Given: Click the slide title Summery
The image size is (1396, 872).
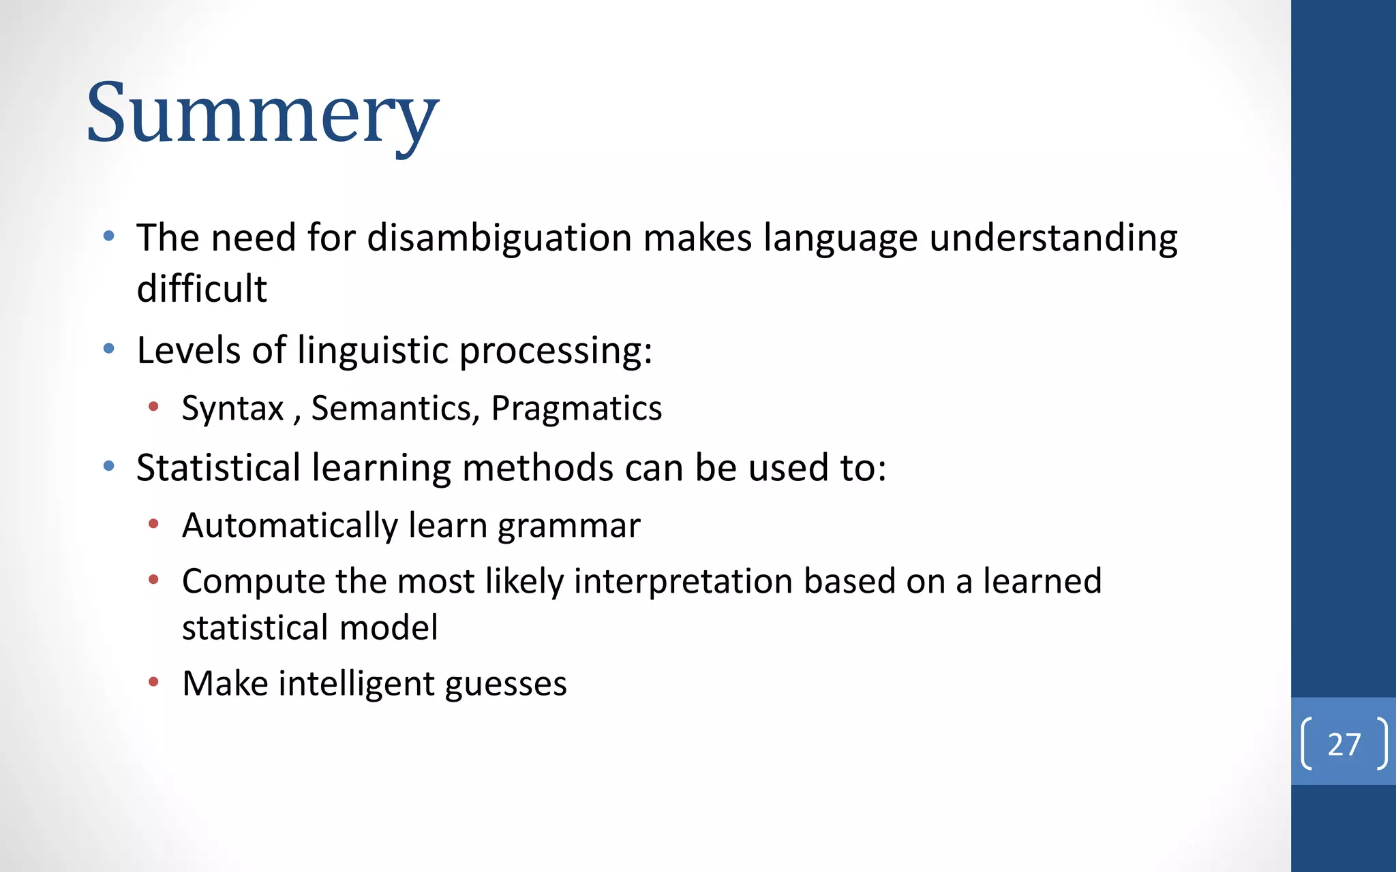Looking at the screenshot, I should tap(262, 113).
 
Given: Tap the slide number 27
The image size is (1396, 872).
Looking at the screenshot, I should tap(1344, 744).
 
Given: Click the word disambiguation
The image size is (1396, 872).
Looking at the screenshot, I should tap(500, 238).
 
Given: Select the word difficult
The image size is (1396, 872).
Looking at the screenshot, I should tap(202, 288).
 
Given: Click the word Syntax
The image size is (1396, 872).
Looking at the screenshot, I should tap(232, 409).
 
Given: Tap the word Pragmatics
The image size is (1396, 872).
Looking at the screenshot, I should tap(576, 409).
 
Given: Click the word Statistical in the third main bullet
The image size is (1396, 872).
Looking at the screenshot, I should tap(218, 468).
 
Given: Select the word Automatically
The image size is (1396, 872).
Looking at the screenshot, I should tap(289, 525).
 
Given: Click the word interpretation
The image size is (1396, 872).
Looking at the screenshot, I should tap(682, 582).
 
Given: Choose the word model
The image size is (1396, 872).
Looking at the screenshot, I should tap(389, 627).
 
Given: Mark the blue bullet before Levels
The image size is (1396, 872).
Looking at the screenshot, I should tap(109, 349).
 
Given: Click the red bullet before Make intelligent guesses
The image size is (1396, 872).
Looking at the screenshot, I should tap(154, 682).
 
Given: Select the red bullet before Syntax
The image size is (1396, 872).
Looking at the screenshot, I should tap(154, 407).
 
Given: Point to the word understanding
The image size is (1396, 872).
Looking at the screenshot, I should tap(1053, 238).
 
